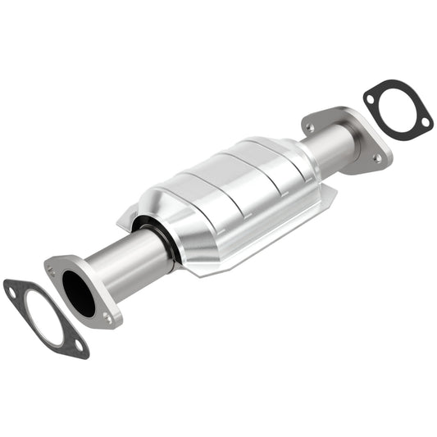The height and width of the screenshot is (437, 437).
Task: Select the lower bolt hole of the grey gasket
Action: (78, 344)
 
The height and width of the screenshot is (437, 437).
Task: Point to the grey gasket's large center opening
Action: (45, 316)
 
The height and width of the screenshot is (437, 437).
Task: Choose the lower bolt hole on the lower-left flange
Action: (107, 318)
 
